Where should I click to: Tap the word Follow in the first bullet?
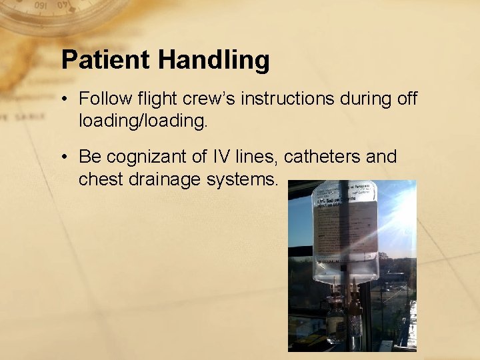(101, 99)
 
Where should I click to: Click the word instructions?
(289, 99)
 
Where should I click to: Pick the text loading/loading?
(143, 121)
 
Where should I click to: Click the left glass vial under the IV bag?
(337, 320)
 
